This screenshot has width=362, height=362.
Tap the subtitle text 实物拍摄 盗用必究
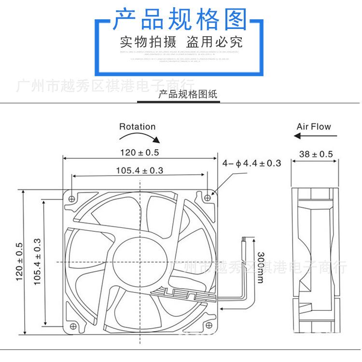(x=181, y=41)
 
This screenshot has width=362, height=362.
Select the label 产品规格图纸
(x=188, y=94)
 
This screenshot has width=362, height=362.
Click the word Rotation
(x=138, y=127)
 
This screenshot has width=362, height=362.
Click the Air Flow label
(x=314, y=127)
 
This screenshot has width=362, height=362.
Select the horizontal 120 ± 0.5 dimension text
(x=139, y=153)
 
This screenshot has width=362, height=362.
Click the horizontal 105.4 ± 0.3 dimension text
(x=139, y=170)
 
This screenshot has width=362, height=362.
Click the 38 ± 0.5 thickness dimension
(x=316, y=154)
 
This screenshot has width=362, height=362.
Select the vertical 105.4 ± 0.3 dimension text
(x=38, y=262)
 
